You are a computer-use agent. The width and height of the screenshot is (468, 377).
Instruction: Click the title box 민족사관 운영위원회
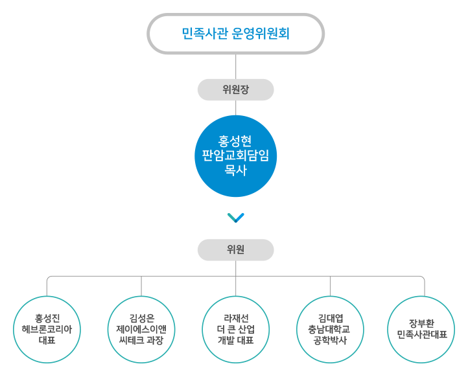pos(235,34)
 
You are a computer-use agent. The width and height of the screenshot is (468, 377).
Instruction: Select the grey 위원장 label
pos(235,90)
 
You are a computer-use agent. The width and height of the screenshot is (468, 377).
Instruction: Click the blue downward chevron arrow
pos(236,218)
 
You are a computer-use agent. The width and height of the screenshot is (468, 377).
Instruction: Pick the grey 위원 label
pos(235,249)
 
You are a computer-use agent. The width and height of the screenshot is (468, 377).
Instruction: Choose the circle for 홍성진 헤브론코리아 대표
pos(47,329)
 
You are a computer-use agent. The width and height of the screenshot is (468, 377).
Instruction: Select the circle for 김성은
pos(141,329)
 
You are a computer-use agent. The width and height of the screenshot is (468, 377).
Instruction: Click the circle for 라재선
pos(235,329)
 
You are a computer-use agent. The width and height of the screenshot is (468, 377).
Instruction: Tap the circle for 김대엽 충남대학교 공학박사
pos(329,329)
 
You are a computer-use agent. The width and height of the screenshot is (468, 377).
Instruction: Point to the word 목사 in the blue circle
pos(235,170)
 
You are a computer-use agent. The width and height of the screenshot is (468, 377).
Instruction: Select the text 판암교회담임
pos(235,155)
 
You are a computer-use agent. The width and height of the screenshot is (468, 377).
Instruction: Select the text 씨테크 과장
pos(141,340)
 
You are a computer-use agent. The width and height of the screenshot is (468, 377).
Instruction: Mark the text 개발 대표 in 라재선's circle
pos(235,340)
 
